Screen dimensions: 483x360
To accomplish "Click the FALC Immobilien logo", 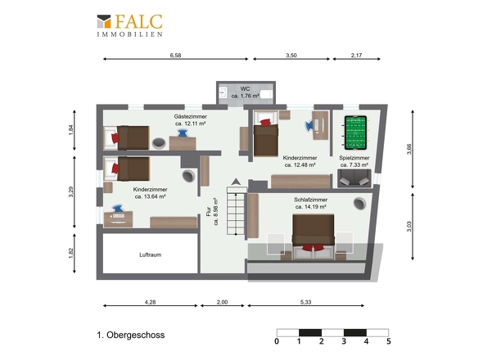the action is pyautogui.click(x=129, y=25).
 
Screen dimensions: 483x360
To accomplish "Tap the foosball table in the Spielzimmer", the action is pyautogui.click(x=355, y=133).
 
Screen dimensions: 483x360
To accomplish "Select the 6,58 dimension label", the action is pyautogui.click(x=175, y=56).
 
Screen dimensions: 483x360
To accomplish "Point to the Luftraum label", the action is pyautogui.click(x=150, y=254).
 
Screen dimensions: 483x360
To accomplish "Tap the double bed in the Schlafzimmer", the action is pyautogui.click(x=314, y=236).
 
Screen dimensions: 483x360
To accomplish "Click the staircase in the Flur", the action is pyautogui.click(x=237, y=210).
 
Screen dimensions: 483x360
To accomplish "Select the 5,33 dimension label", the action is pyautogui.click(x=305, y=303).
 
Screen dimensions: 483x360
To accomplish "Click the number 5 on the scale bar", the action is pyautogui.click(x=388, y=341).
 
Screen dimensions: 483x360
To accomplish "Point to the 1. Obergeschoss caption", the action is pyautogui.click(x=131, y=335).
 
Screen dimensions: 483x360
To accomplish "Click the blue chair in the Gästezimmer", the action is pyautogui.click(x=183, y=133).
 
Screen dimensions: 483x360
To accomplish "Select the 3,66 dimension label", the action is pyautogui.click(x=409, y=149).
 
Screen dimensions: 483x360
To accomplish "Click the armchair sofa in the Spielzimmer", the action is pyautogui.click(x=354, y=178).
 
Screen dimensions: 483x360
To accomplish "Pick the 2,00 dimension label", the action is pyautogui.click(x=222, y=303).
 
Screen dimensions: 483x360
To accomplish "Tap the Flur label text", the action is pyautogui.click(x=209, y=211).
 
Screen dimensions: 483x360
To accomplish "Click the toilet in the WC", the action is pyautogui.click(x=266, y=93).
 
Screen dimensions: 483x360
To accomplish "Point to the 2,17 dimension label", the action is pyautogui.click(x=356, y=56).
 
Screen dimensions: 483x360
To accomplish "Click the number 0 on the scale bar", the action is pyautogui.click(x=277, y=341).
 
